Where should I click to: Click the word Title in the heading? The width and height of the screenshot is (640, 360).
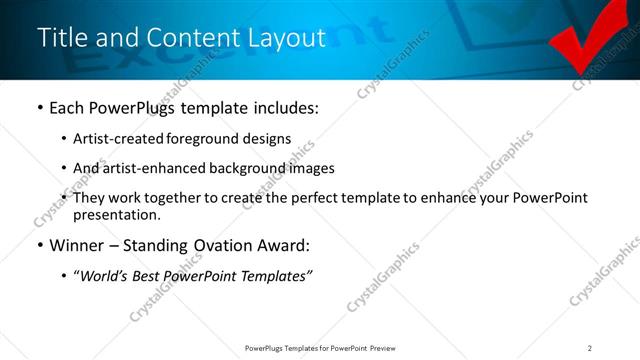(x=60, y=37)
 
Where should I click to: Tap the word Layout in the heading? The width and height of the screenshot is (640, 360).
(x=289, y=37)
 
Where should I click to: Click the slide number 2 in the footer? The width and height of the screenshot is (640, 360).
(x=590, y=347)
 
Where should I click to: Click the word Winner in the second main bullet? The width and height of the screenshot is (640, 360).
(x=76, y=245)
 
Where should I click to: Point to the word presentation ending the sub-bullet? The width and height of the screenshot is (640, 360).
(x=116, y=214)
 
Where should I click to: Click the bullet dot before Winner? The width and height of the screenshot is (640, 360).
(x=39, y=245)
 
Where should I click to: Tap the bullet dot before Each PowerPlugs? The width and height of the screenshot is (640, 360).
(x=39, y=107)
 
